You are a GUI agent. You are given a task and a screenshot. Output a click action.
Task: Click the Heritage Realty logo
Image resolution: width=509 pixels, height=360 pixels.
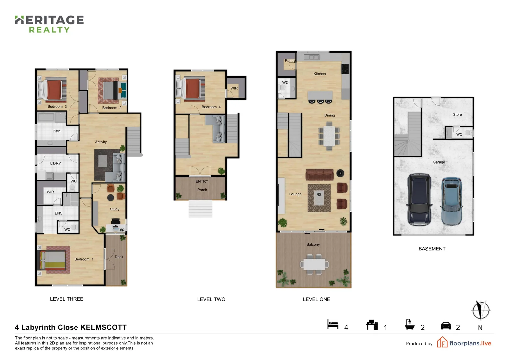tap(49, 24)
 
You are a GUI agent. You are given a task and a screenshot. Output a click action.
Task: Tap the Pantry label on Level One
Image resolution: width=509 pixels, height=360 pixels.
tap(290, 61)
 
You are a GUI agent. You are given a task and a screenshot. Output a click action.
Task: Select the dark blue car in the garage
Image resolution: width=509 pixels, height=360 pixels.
tap(419, 199)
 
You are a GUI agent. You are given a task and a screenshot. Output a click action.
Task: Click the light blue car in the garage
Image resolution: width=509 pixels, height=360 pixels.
tap(452, 201)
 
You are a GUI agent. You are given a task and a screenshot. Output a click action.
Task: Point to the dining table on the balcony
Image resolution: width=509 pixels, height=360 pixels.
tap(314, 264)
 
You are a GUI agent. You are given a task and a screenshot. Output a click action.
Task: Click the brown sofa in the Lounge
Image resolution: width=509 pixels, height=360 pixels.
tap(319, 174)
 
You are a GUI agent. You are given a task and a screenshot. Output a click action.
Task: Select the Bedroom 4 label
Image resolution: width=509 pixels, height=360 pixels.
tap(211, 107)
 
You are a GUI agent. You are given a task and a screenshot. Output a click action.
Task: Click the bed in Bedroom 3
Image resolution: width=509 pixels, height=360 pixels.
tap(53, 89)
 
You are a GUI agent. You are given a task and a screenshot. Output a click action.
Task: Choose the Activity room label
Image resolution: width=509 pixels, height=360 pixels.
tap(101, 142)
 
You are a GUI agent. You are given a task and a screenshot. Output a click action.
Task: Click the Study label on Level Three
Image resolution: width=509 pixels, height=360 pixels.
tap(115, 209)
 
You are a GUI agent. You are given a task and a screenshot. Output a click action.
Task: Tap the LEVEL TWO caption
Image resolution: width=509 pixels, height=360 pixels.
tap(211, 299)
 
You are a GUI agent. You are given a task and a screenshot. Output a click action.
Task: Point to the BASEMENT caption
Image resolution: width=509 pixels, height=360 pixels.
tap(432, 249)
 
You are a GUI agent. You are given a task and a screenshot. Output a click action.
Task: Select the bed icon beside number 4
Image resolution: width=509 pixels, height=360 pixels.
tap(333, 324)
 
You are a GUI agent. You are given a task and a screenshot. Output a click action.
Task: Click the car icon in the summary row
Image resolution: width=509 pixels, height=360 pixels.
tap(446, 326)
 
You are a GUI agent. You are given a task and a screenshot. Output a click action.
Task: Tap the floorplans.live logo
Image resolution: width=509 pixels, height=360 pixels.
tap(464, 343)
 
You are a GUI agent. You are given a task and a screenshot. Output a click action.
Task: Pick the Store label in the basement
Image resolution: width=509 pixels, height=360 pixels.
tap(457, 115)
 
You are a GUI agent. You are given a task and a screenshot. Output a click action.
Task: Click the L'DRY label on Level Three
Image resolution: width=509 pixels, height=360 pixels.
tap(56, 163)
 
